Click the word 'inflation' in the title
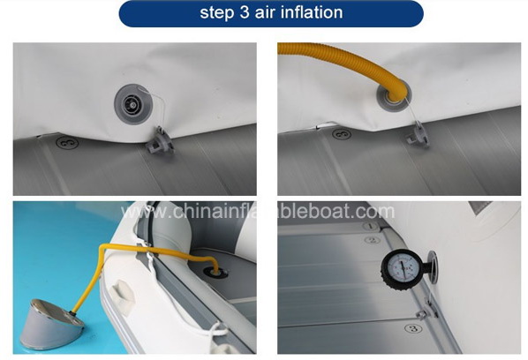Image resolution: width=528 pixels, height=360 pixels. point(312,12)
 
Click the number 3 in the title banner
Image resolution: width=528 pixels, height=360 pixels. point(245,12)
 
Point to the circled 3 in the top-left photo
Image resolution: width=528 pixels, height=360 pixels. point(67,143)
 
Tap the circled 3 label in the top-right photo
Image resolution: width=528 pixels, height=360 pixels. point(342,134)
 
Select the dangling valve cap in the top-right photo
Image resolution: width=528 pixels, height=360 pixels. point(418,135)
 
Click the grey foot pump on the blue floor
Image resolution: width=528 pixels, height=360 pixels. point(50,325)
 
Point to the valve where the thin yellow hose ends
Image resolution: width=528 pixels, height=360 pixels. point(215,271)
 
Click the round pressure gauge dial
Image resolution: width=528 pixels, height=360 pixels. point(400,268)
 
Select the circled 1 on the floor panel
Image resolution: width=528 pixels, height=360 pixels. point(371,226)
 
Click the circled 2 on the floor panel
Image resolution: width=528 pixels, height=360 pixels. point(372,240)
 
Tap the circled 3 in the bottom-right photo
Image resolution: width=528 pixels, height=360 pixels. point(413,328)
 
